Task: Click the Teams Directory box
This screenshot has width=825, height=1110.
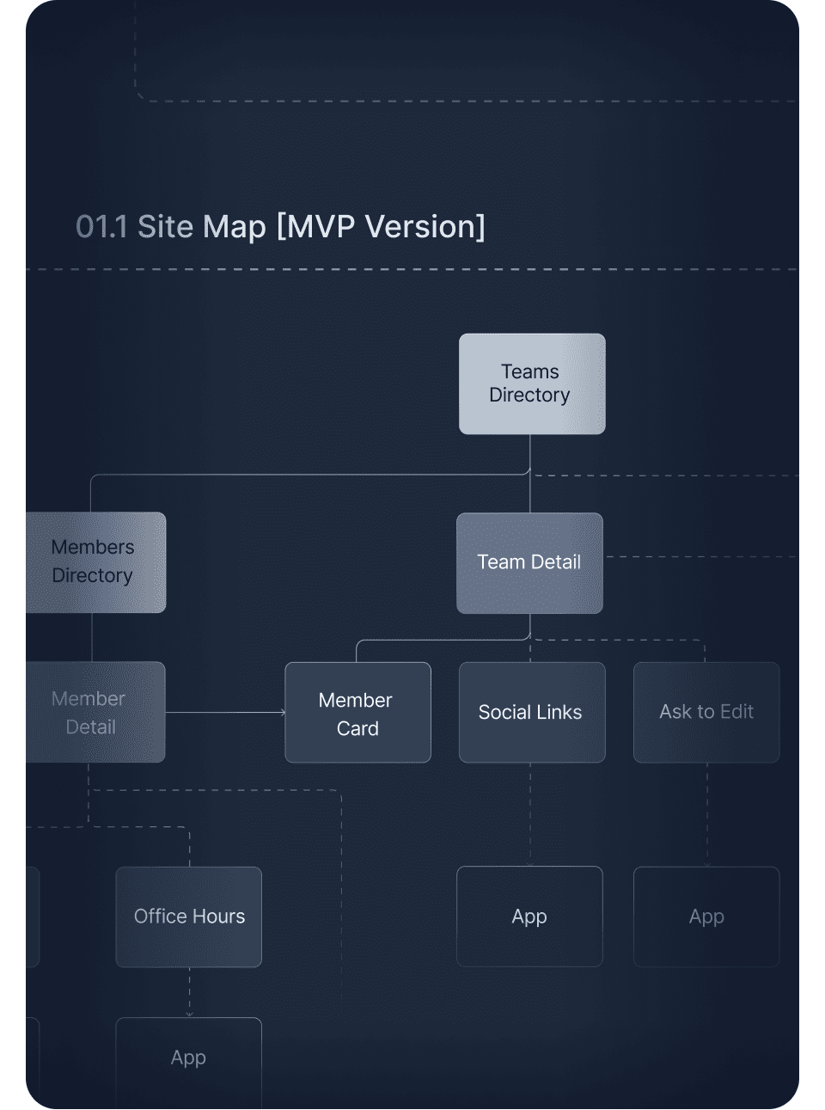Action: (532, 383)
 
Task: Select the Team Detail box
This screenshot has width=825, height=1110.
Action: (529, 563)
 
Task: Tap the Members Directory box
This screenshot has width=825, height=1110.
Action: (95, 562)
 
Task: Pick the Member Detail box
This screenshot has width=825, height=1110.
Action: (95, 712)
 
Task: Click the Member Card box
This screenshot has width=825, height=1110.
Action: (357, 713)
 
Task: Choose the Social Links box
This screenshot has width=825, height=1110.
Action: (532, 713)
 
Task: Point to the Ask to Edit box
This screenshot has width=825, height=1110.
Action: (706, 713)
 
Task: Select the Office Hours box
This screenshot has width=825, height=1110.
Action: (189, 917)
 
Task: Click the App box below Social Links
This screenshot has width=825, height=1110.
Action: (529, 917)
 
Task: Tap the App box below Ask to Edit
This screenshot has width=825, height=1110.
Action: (706, 917)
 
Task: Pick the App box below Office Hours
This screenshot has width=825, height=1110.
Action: (189, 1059)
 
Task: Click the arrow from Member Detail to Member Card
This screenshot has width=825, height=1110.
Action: (225, 713)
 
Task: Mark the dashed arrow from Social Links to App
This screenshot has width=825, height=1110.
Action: (530, 814)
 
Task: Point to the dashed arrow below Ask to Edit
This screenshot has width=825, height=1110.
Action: (707, 814)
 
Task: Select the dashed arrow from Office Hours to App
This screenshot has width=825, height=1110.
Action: (190, 992)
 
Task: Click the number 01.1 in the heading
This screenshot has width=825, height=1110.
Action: (101, 227)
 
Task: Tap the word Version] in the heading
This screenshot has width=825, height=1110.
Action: (425, 227)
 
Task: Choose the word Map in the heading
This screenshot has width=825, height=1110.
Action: (235, 227)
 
